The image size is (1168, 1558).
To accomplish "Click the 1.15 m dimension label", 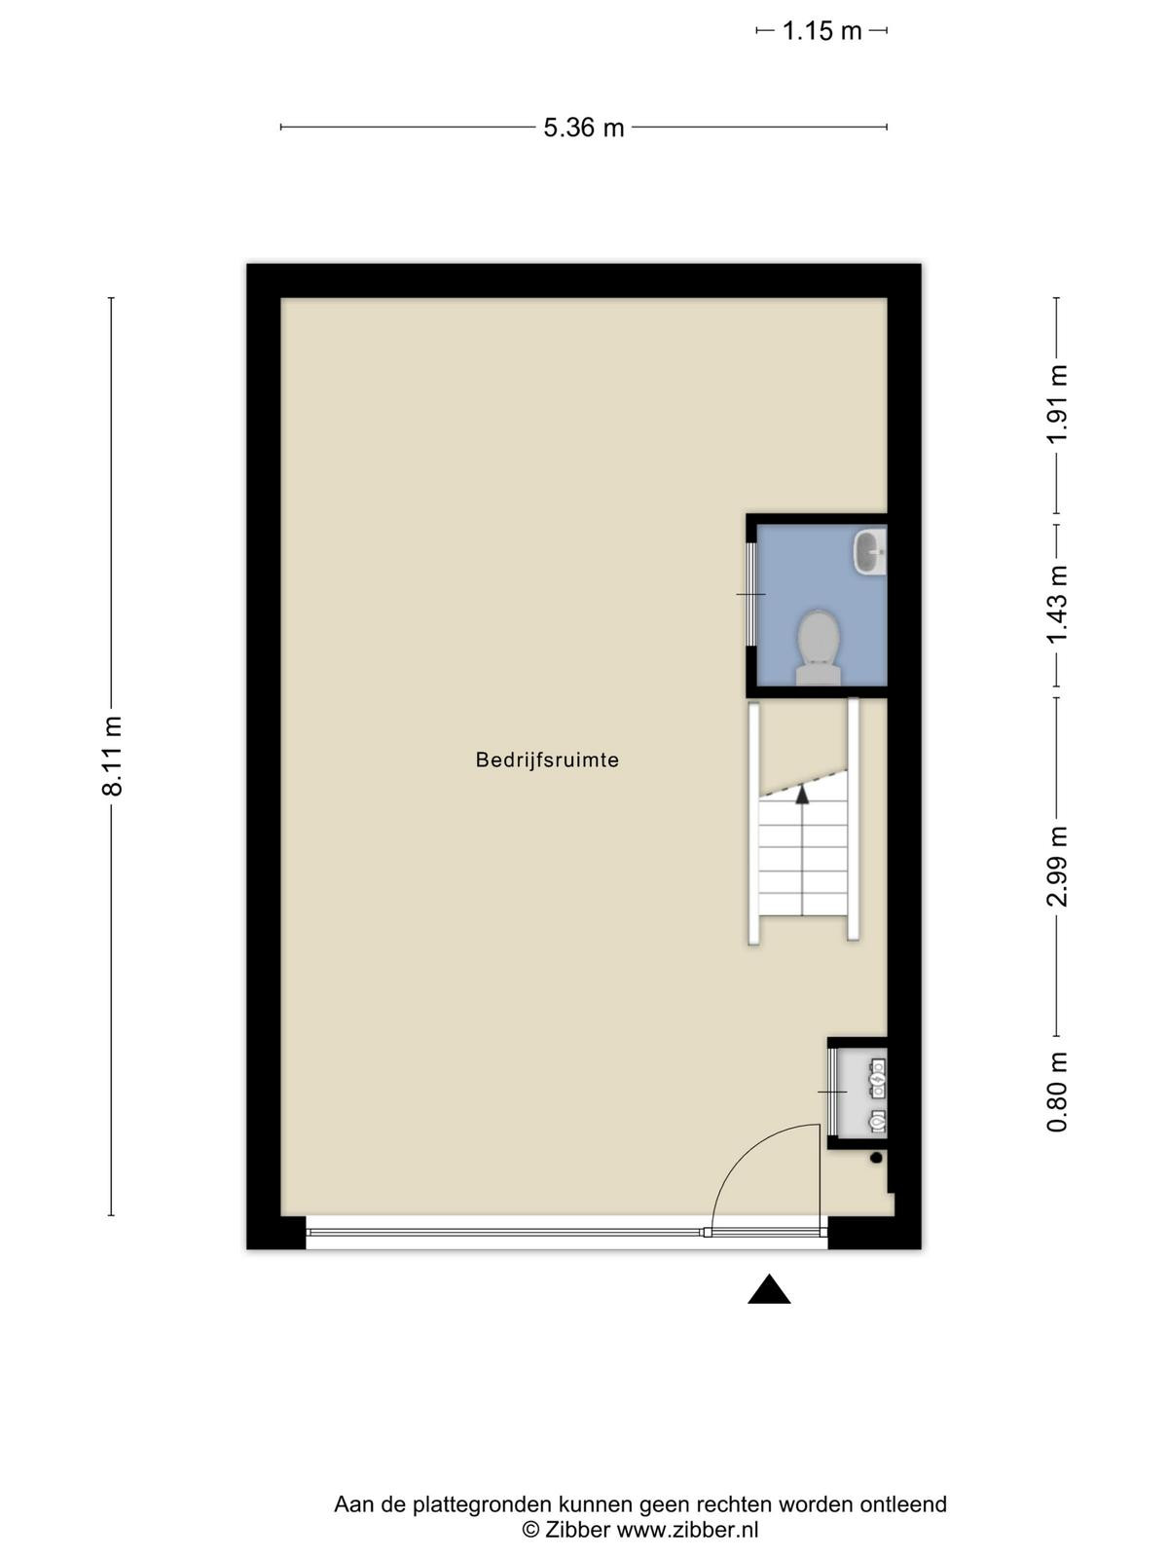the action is [821, 30].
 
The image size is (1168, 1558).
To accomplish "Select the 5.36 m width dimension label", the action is [584, 128].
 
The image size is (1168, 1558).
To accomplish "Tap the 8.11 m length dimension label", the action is [112, 756].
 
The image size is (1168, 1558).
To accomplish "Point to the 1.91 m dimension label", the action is [1057, 403].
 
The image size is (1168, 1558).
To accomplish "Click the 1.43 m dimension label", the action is [1057, 605].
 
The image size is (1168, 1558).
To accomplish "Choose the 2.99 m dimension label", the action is [1057, 867].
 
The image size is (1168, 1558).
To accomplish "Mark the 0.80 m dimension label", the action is [1057, 1092].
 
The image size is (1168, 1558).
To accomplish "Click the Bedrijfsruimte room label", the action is [547, 760].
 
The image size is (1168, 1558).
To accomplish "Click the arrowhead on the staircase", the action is [802, 794].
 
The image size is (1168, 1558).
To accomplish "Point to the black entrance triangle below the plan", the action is [769, 1289].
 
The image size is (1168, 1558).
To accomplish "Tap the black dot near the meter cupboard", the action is [876, 1158].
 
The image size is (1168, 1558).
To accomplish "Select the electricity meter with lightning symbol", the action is [878, 1080].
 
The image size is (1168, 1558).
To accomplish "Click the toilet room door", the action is [751, 594].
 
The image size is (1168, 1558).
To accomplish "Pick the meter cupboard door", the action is [832, 1091].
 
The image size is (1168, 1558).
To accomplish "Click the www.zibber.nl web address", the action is [686, 1529].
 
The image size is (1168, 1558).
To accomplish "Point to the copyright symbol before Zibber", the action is [530, 1529].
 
